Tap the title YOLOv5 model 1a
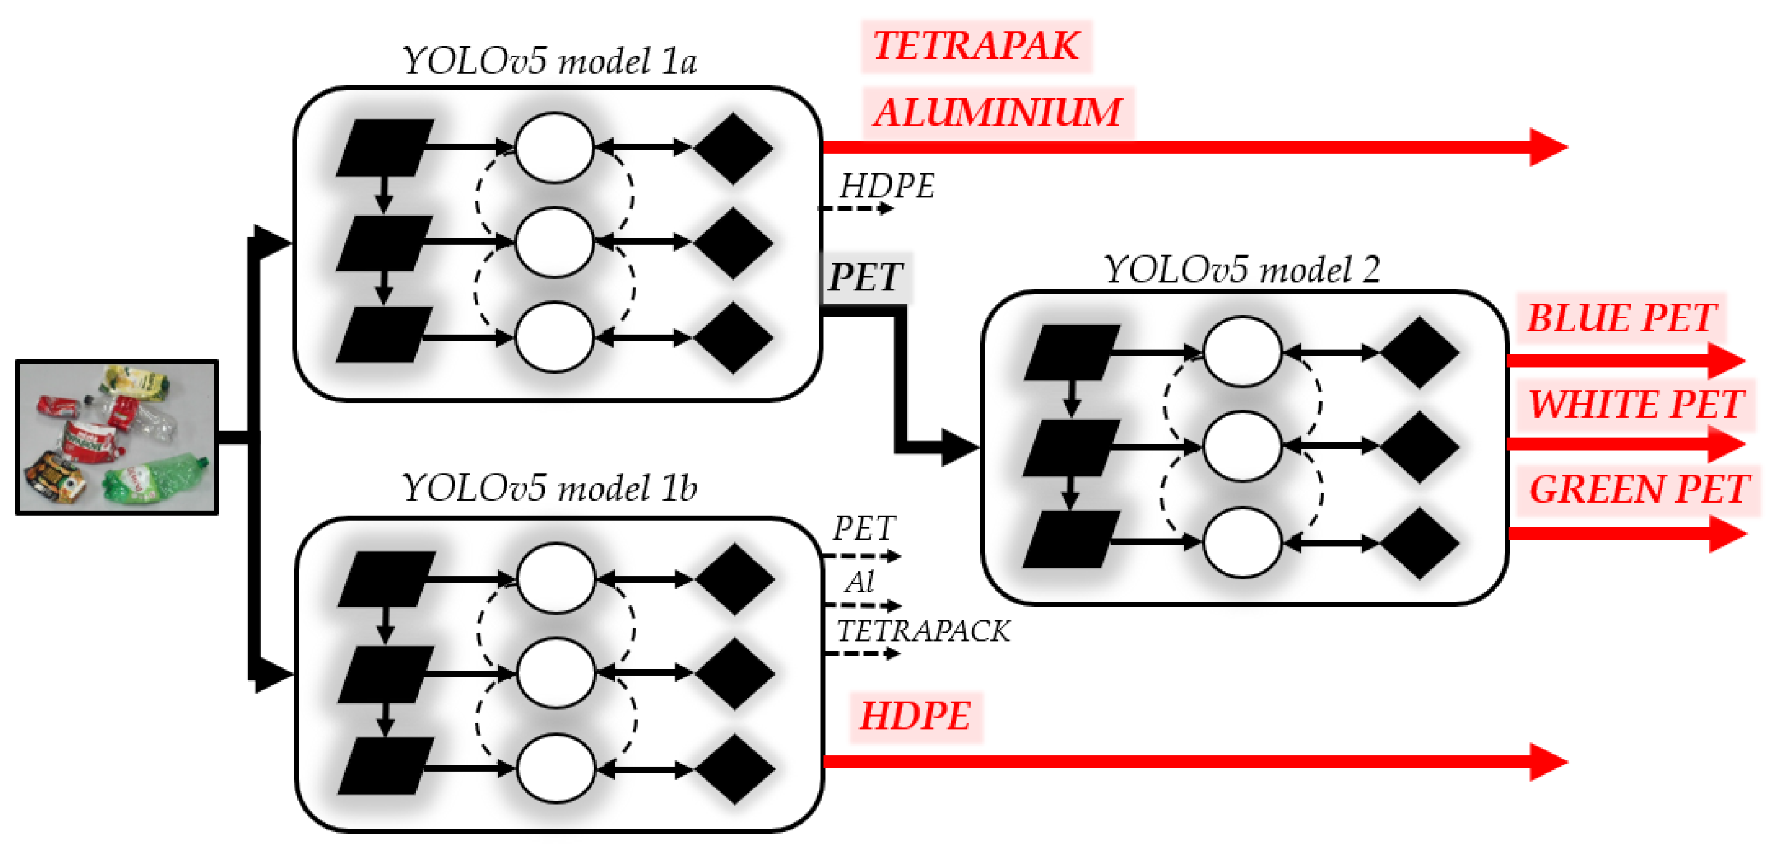tap(549, 61)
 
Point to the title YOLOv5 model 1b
tap(549, 488)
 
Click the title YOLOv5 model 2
tap(1241, 270)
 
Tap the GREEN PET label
tap(1638, 489)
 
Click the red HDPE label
tap(915, 716)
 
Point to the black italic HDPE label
tap(886, 186)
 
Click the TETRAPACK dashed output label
tap(922, 631)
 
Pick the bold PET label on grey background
tap(865, 277)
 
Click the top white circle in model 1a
tap(554, 148)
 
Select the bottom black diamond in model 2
tap(1419, 543)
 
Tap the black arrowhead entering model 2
tap(960, 447)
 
